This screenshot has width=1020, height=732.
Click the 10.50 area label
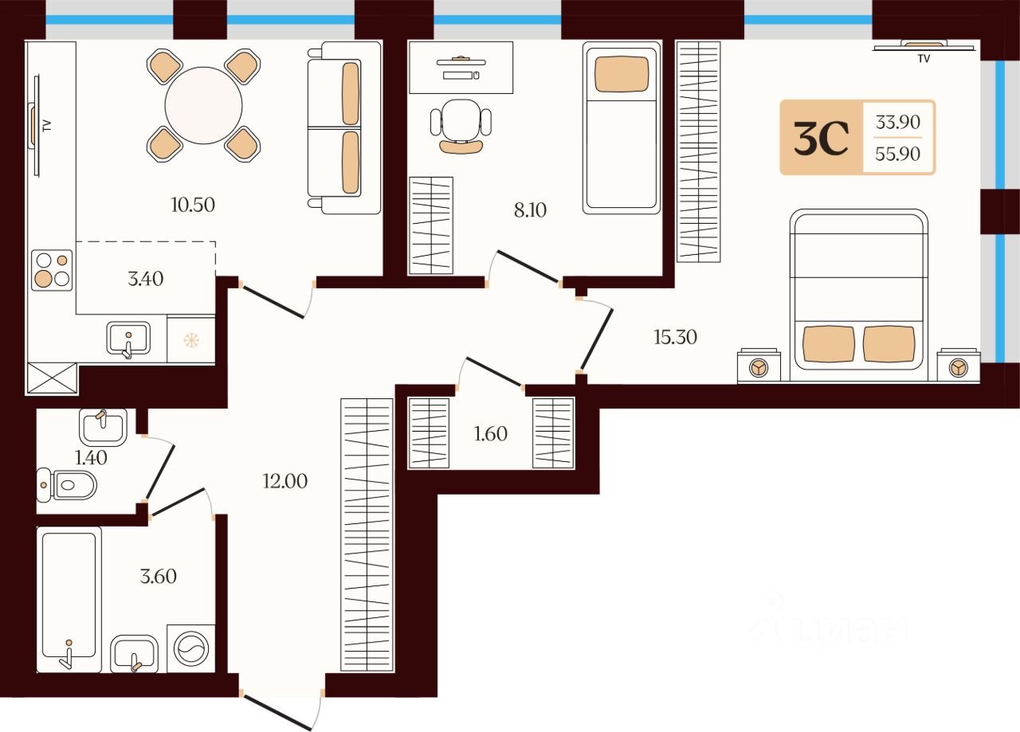click(193, 205)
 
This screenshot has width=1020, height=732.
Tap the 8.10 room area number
click(530, 210)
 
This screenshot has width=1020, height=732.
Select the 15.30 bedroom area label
click(675, 337)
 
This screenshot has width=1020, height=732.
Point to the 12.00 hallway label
click(285, 481)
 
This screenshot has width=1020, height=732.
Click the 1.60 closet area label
click(490, 434)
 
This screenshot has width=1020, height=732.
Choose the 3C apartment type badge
click(821, 138)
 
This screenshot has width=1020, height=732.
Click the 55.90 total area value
click(897, 154)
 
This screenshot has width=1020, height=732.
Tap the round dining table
click(203, 106)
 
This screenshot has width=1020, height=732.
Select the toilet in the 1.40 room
click(66, 485)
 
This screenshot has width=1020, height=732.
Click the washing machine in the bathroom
click(191, 648)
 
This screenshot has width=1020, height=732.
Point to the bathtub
click(69, 600)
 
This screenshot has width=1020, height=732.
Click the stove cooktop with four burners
click(52, 270)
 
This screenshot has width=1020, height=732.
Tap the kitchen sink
click(128, 339)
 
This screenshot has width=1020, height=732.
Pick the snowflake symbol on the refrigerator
click(191, 340)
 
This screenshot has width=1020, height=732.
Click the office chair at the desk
click(461, 127)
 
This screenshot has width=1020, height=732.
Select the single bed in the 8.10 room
click(622, 127)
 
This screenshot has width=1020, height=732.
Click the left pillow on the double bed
click(829, 344)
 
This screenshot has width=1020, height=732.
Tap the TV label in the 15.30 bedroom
click(924, 59)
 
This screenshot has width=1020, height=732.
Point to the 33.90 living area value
click(898, 122)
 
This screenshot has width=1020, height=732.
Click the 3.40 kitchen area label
click(145, 279)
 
